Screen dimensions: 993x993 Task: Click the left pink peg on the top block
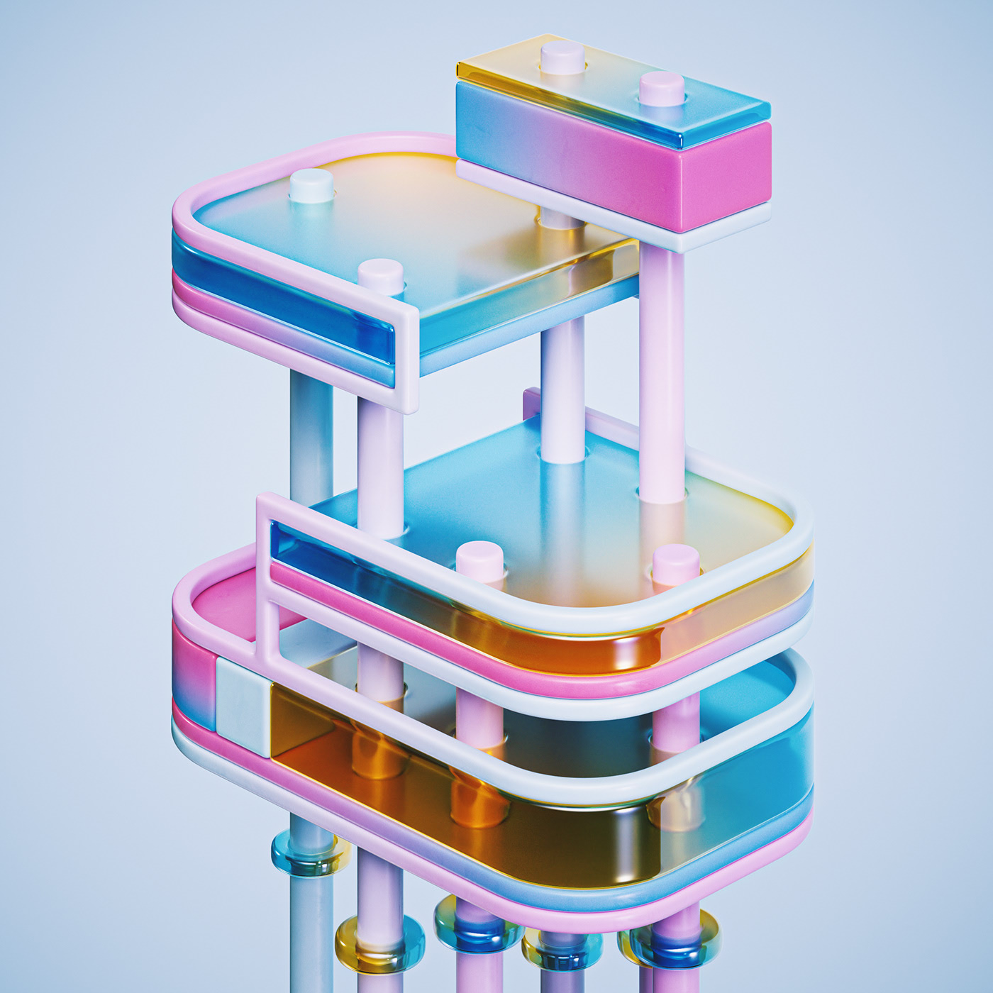tap(562, 57)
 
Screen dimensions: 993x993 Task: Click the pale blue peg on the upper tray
tap(311, 185)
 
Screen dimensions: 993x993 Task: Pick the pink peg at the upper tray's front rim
tap(381, 275)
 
